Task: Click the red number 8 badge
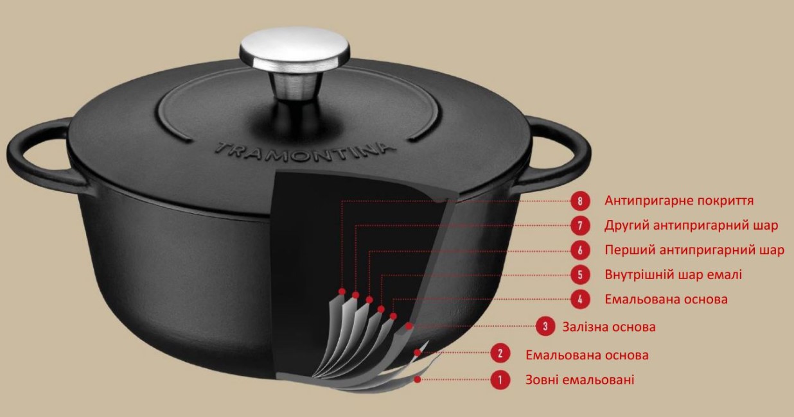pyautogui.click(x=580, y=201)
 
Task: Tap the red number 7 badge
pyautogui.click(x=580, y=226)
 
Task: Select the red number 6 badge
pyautogui.click(x=580, y=250)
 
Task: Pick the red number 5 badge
pyautogui.click(x=580, y=275)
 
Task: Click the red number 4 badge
pyautogui.click(x=580, y=300)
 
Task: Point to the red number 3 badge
pyautogui.click(x=545, y=327)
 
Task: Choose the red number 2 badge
pyautogui.click(x=500, y=353)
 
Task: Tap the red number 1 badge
pyautogui.click(x=500, y=380)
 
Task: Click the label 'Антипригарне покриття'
pyautogui.click(x=679, y=201)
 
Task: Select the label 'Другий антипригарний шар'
pyautogui.click(x=691, y=225)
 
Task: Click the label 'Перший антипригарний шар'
pyautogui.click(x=694, y=250)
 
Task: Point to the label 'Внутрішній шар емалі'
pyautogui.click(x=673, y=275)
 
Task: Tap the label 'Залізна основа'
pyautogui.click(x=609, y=327)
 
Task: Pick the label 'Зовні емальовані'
pyautogui.click(x=579, y=380)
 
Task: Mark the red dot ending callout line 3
pyautogui.click(x=409, y=326)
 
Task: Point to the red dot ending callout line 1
pyautogui.click(x=418, y=380)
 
